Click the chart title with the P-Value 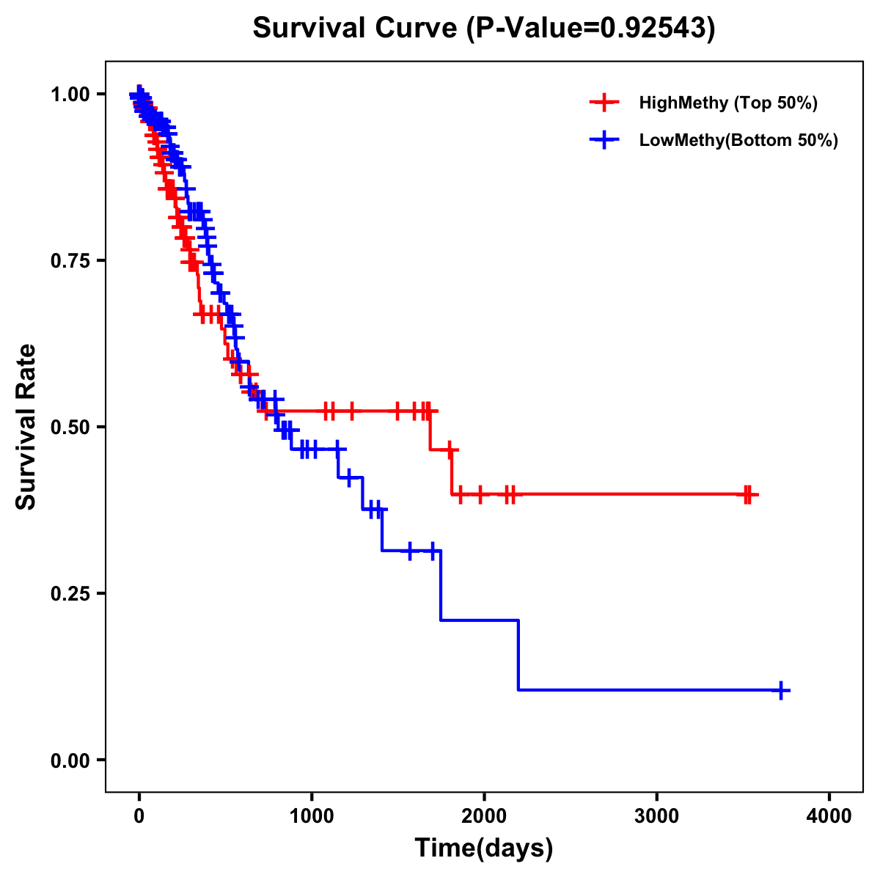tap(483, 29)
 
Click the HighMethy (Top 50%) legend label tap(727, 103)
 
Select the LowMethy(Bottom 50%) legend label tap(738, 140)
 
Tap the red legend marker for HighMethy tap(604, 103)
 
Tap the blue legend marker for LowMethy tap(604, 140)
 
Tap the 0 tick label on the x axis tap(139, 816)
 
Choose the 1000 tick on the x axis tap(312, 816)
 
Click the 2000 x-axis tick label tap(484, 816)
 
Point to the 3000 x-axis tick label tap(656, 816)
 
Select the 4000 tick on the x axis tap(829, 816)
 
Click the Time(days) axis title tap(484, 848)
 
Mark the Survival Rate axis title tap(26, 427)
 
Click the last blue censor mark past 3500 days tap(782, 690)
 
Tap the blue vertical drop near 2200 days tap(518, 655)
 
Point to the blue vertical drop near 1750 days tap(441, 585)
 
